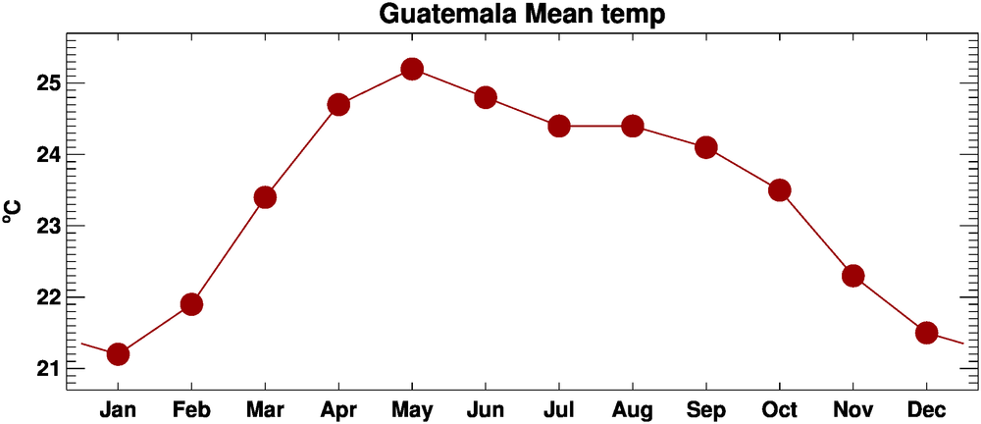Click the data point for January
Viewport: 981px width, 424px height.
(x=118, y=354)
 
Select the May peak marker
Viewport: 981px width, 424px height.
(x=412, y=69)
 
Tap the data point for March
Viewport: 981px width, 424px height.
(x=265, y=197)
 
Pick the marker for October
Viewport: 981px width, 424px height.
(x=780, y=190)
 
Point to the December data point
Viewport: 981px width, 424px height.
(x=926, y=333)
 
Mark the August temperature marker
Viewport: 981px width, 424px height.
(x=633, y=126)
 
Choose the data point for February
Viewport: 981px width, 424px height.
(x=191, y=304)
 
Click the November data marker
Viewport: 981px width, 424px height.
(x=852, y=276)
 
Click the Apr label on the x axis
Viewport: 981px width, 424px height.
(x=338, y=408)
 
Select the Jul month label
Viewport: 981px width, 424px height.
(x=559, y=408)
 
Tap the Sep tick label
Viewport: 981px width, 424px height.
(x=706, y=408)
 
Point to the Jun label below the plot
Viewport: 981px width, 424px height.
(x=486, y=408)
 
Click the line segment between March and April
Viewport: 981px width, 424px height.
(x=301, y=151)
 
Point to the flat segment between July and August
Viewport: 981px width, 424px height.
(x=595, y=126)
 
